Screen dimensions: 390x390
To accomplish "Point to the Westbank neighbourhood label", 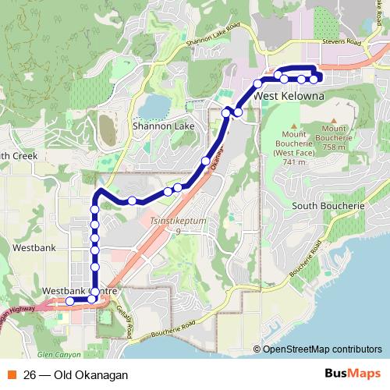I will (34, 246).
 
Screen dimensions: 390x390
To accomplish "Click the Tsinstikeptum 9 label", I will (179, 226).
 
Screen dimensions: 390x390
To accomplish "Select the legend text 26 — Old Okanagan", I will (76, 374).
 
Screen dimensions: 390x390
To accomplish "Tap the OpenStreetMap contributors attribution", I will (321, 349).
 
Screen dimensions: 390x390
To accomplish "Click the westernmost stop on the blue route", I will (69, 301).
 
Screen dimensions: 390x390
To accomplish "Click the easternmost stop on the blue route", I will (314, 79).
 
